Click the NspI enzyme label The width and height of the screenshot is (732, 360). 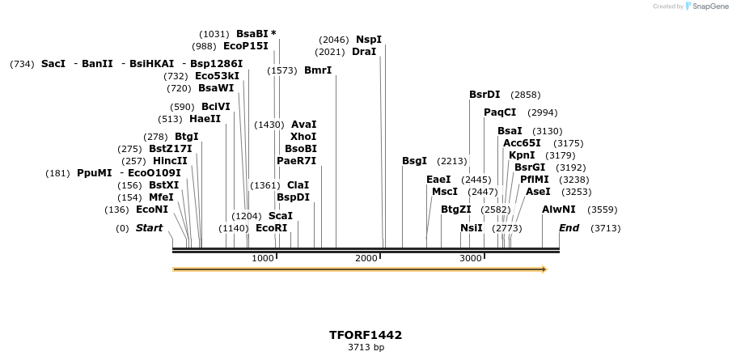tap(369, 40)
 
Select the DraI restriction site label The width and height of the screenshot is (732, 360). tap(364, 52)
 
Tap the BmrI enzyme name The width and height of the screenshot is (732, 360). tap(318, 70)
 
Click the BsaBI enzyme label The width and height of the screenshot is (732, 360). tap(252, 34)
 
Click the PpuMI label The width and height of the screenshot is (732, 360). tap(94, 173)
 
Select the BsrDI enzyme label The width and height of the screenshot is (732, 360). tap(484, 95)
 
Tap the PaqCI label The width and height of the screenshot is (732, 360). tap(500, 112)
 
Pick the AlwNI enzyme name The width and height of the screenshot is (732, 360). tap(559, 210)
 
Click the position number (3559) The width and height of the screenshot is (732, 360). tap(603, 210)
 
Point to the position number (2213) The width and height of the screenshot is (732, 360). tap(452, 161)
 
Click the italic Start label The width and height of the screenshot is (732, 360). tap(149, 228)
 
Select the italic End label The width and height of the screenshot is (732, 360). tap(569, 228)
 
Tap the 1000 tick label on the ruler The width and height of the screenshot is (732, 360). tap(263, 258)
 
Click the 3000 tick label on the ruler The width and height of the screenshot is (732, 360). tap(471, 258)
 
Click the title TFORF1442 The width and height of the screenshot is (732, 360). tap(366, 335)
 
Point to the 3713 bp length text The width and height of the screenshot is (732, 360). tap(366, 348)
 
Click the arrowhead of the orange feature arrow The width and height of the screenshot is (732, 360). tap(544, 269)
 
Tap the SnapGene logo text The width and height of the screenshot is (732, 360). tap(709, 6)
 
